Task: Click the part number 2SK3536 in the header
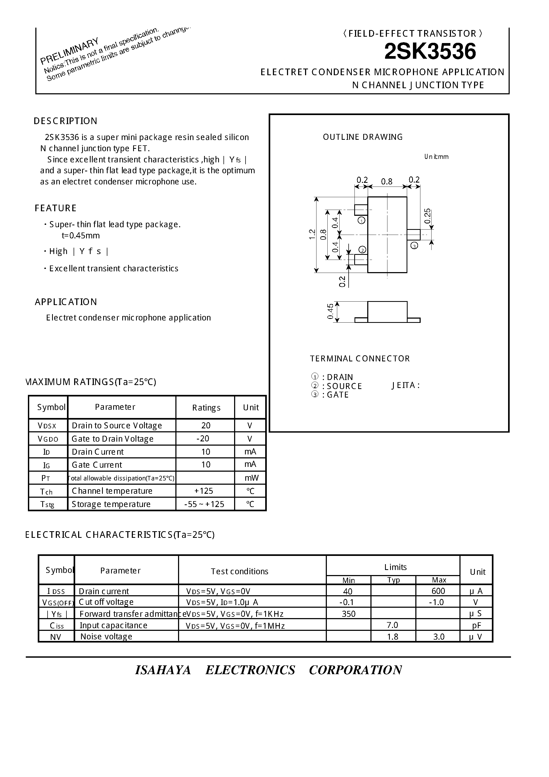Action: tap(430, 52)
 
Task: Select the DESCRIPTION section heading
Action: tap(65, 121)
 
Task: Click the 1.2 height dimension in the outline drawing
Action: tap(312, 234)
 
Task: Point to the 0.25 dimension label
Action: tap(428, 216)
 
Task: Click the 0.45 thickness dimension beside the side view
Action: tap(330, 311)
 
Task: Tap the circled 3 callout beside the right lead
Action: tap(414, 246)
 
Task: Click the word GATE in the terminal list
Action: tap(338, 395)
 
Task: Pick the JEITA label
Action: tap(406, 386)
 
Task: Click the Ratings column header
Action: tap(206, 408)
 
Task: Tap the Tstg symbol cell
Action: tap(47, 504)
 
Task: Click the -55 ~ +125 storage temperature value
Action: tap(204, 504)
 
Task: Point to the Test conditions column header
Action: tap(239, 571)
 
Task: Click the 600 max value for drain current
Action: tap(438, 591)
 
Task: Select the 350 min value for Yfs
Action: tap(348, 614)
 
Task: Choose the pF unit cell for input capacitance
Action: tap(476, 625)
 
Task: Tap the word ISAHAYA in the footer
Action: tap(163, 670)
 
